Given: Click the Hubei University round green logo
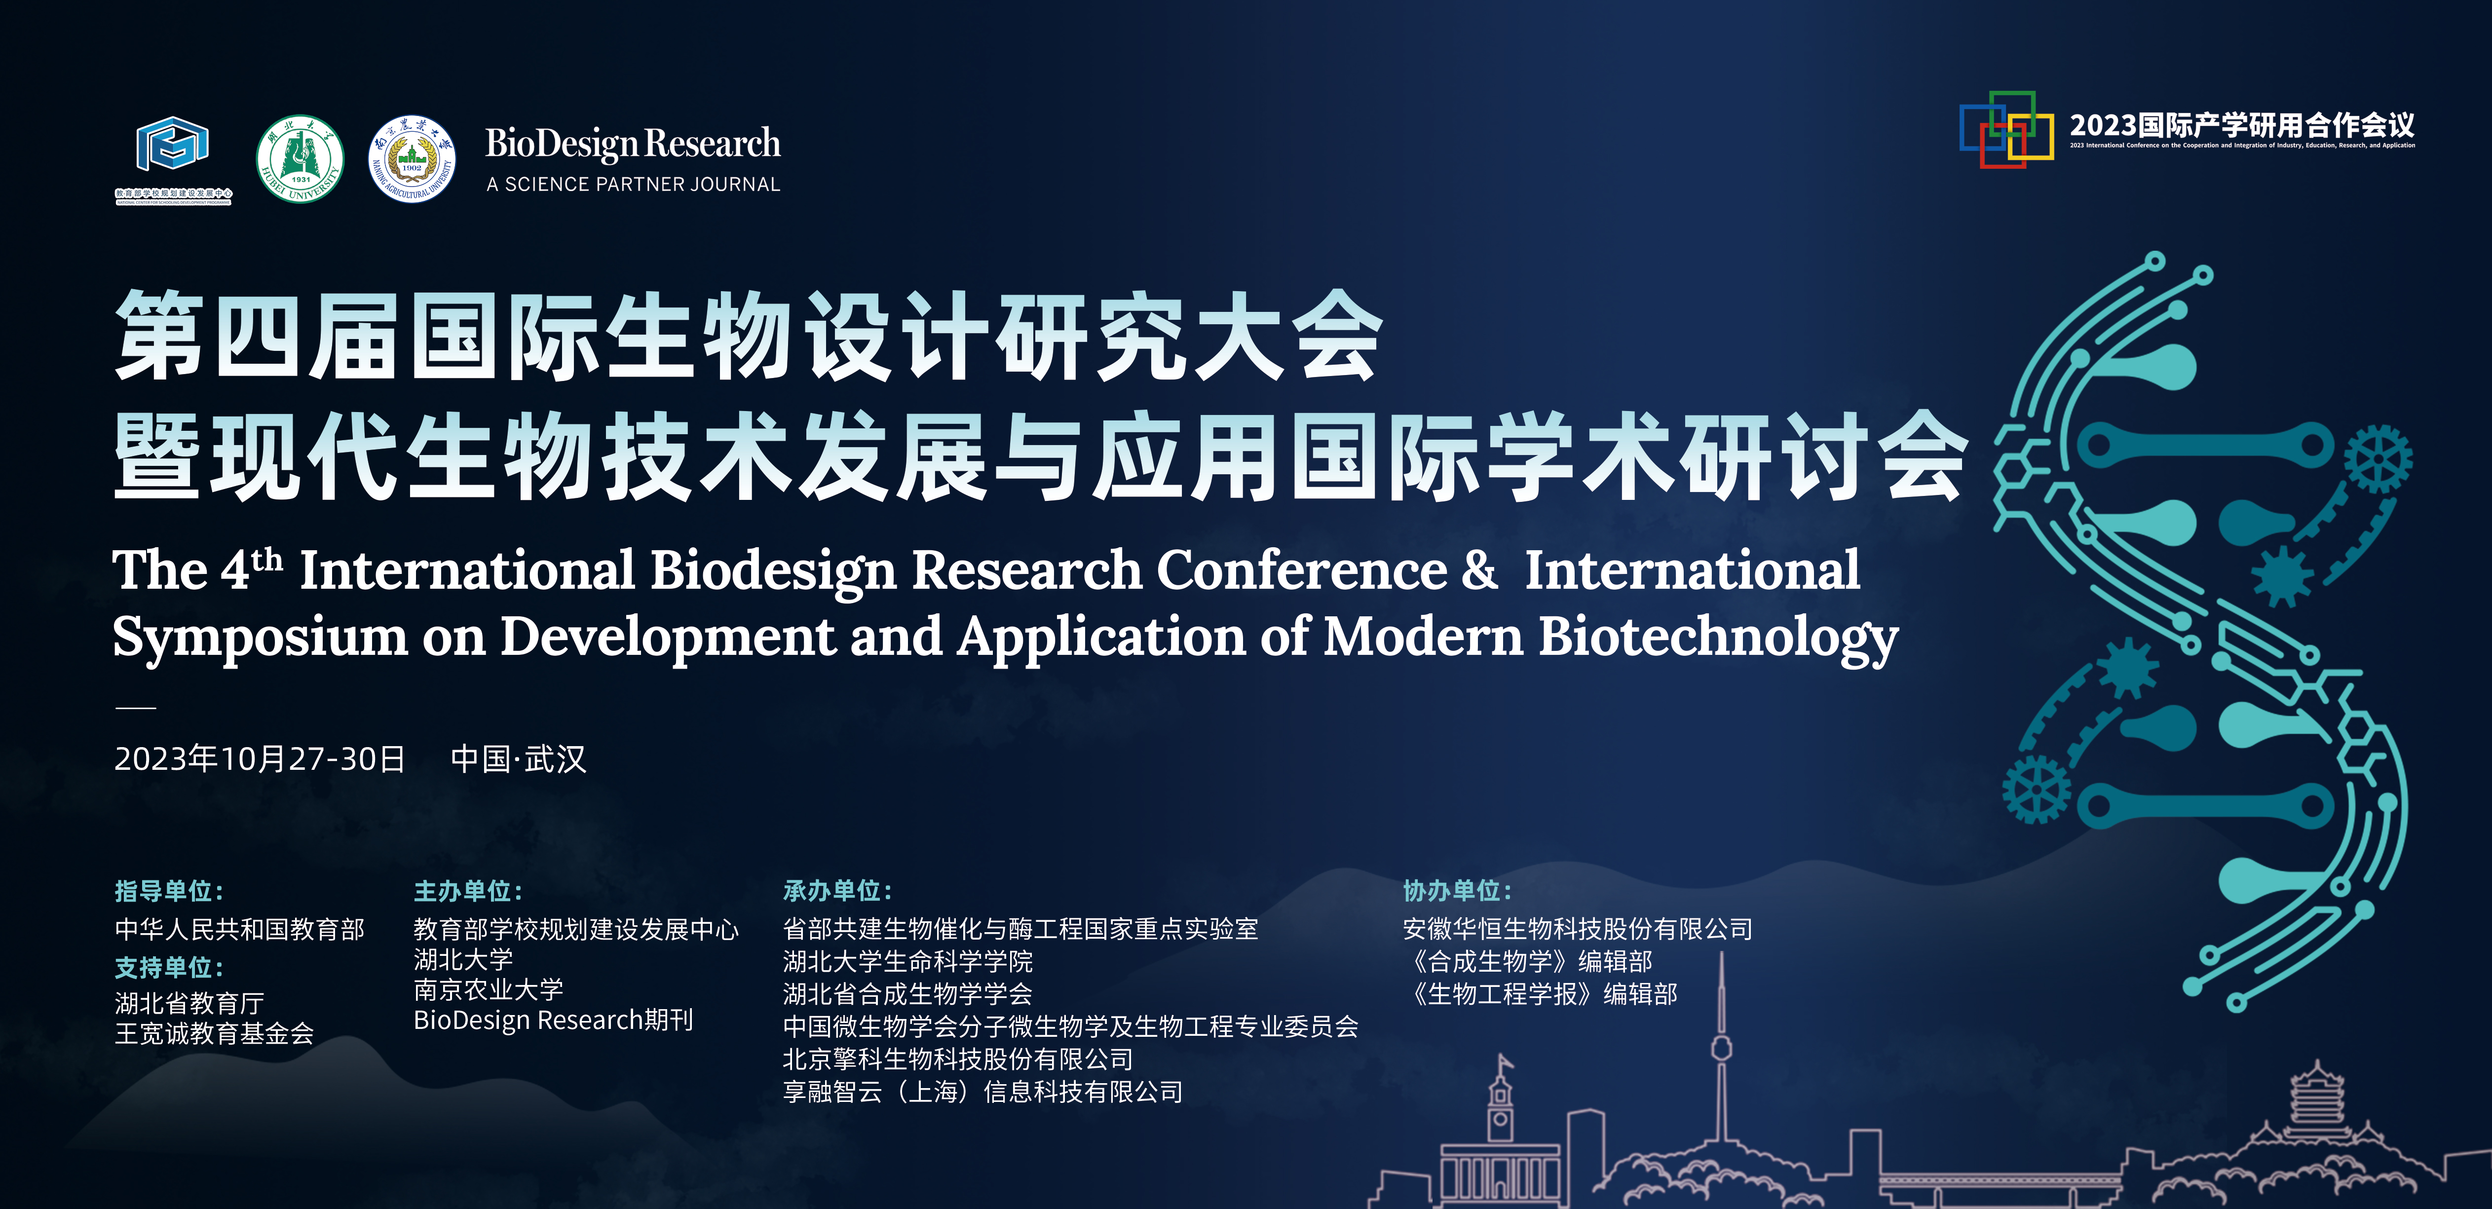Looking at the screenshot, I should [300, 159].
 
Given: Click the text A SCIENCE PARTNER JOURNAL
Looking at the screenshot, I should [633, 184].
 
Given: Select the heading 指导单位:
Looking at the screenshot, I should [169, 891].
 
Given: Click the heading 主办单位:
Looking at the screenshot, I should [468, 891].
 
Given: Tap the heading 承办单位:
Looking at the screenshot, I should [838, 891].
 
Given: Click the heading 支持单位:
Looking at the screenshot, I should [169, 967].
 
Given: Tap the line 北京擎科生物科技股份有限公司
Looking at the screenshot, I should [958, 1059].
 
